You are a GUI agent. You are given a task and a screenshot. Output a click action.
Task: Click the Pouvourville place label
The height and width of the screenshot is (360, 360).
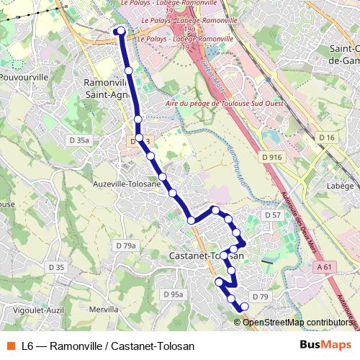pos(24,76)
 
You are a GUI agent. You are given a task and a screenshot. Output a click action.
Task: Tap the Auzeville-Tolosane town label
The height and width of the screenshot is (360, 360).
pos(127,184)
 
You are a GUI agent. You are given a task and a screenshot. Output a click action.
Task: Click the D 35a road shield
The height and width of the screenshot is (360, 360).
pos(79,140)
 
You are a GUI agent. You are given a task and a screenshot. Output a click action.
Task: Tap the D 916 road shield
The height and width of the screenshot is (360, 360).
pos(273,157)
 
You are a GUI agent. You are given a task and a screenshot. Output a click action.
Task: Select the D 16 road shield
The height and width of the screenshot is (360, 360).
pos(328,138)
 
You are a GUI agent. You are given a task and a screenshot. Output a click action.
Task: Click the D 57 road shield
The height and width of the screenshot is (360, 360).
pos(272,215)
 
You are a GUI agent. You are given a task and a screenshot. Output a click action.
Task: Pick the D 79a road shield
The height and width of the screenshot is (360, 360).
pos(126,246)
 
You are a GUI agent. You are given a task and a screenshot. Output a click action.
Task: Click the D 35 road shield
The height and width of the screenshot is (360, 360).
pos(56,268)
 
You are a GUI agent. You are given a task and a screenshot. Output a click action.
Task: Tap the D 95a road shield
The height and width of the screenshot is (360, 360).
pos(174,294)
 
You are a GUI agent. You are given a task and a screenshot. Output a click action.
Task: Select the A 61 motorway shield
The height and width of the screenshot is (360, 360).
pos(325,267)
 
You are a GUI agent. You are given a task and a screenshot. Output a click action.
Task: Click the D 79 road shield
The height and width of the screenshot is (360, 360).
pos(260,297)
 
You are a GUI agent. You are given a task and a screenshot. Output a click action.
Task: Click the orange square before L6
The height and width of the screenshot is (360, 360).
pos(11,345)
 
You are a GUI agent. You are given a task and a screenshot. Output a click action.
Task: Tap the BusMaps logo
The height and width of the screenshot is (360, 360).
pos(325,345)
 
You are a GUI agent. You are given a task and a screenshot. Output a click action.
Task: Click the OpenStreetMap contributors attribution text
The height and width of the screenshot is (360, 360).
pos(297,322)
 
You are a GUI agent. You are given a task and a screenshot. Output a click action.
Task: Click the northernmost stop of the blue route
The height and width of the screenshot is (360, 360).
pos(120,30)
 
